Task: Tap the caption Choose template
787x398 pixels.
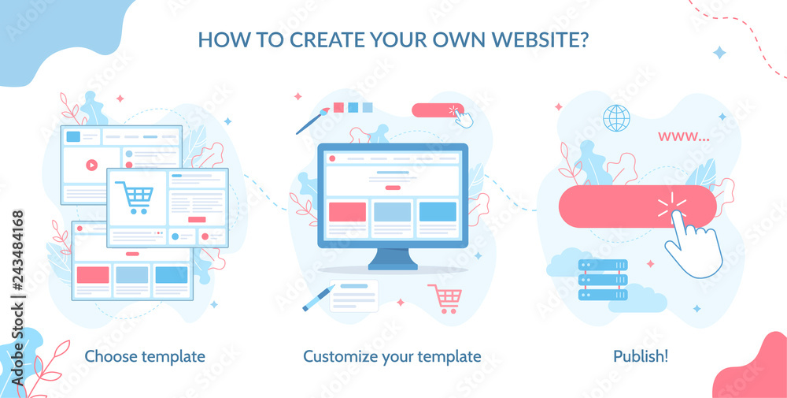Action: tap(145, 357)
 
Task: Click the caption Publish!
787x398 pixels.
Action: tap(641, 356)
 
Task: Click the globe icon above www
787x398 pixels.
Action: tap(616, 118)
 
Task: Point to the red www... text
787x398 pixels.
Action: tap(684, 136)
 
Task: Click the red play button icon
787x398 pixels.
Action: tap(91, 165)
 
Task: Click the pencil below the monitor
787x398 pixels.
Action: tap(318, 298)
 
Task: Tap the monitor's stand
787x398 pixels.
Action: tap(393, 259)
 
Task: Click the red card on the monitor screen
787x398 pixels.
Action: tap(347, 211)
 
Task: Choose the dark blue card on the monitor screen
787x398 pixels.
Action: tap(438, 211)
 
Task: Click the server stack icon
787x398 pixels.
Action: tap(603, 280)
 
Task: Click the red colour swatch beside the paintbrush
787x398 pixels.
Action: tap(338, 107)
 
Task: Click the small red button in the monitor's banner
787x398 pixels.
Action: tap(393, 188)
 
